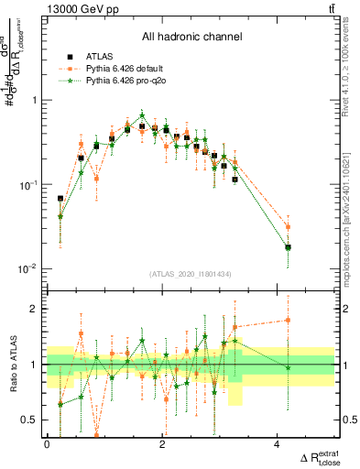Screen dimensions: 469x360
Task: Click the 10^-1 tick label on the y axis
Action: [30, 185]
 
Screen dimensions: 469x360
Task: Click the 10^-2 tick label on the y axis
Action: [30, 269]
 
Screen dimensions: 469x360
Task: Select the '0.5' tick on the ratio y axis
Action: [32, 420]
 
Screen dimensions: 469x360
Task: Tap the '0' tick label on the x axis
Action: [47, 443]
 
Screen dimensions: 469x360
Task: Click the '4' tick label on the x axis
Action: [277, 443]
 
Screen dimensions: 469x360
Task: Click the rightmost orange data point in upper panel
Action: [288, 226]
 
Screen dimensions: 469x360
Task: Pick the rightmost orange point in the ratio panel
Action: [288, 321]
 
